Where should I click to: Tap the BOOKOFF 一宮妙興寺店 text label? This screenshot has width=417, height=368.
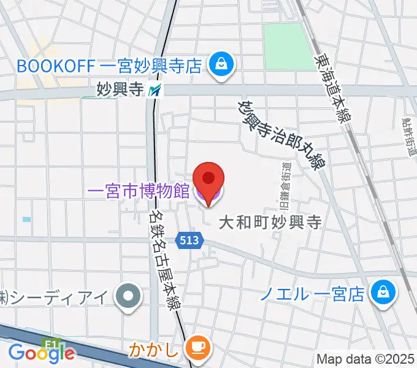(x=109, y=64)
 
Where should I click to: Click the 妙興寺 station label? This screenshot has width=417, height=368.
(x=120, y=90)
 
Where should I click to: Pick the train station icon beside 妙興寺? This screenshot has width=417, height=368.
(x=155, y=91)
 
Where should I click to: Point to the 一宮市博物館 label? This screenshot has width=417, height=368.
(x=138, y=191)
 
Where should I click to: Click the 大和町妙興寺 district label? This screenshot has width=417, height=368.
(x=270, y=221)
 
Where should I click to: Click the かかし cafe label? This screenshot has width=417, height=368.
(x=155, y=351)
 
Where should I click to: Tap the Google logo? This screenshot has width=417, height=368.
(x=42, y=352)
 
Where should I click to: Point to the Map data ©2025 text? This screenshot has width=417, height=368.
(x=366, y=359)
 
